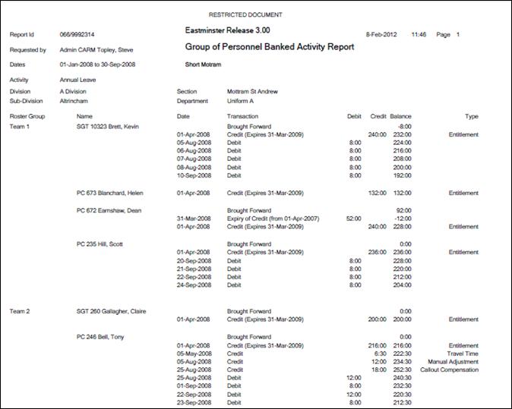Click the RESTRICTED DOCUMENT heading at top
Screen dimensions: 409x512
(245, 14)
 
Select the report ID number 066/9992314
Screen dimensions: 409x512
(77, 35)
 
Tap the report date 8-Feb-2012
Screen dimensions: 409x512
(381, 35)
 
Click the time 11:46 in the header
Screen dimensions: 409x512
(419, 35)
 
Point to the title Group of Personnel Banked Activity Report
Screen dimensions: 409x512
(270, 47)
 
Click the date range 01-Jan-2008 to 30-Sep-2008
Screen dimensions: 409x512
(105, 64)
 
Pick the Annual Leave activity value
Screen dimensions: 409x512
(79, 79)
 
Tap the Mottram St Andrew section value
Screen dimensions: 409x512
(252, 92)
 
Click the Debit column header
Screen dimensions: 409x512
(354, 116)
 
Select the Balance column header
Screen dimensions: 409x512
(400, 116)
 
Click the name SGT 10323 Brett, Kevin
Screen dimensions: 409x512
(109, 126)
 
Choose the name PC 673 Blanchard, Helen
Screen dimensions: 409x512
(109, 193)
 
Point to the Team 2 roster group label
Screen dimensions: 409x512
(21, 311)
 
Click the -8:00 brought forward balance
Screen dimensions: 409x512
(404, 126)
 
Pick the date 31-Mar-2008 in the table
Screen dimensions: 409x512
(192, 218)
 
